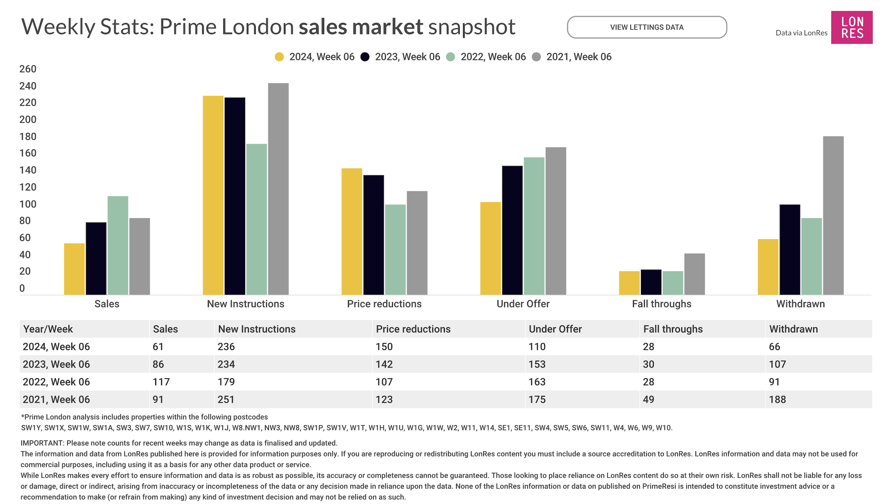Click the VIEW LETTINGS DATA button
(x=647, y=27)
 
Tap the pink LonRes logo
(x=851, y=27)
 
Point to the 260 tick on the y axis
(x=28, y=69)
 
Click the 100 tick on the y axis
(x=28, y=204)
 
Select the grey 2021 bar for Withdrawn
(x=833, y=215)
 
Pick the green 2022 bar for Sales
(x=118, y=245)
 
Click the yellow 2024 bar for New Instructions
(x=213, y=195)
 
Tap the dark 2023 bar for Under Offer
(x=512, y=230)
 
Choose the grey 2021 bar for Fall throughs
(x=694, y=274)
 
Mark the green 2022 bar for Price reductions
(x=395, y=250)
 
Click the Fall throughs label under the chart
(x=662, y=304)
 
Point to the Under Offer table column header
(x=555, y=329)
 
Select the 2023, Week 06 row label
(x=56, y=364)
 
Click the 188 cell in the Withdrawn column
(x=778, y=400)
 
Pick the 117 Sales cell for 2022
(x=161, y=382)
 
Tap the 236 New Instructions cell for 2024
(x=226, y=347)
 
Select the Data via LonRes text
(x=801, y=33)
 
